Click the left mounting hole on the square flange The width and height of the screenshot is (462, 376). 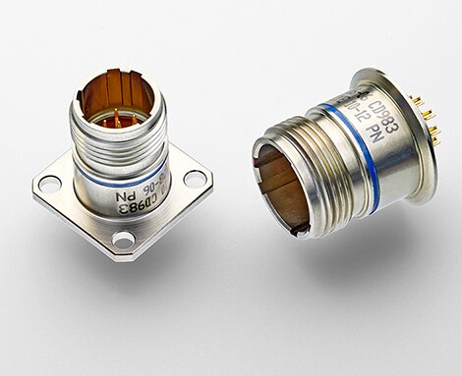click(50, 183)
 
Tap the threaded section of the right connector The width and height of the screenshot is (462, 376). click(315, 167)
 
